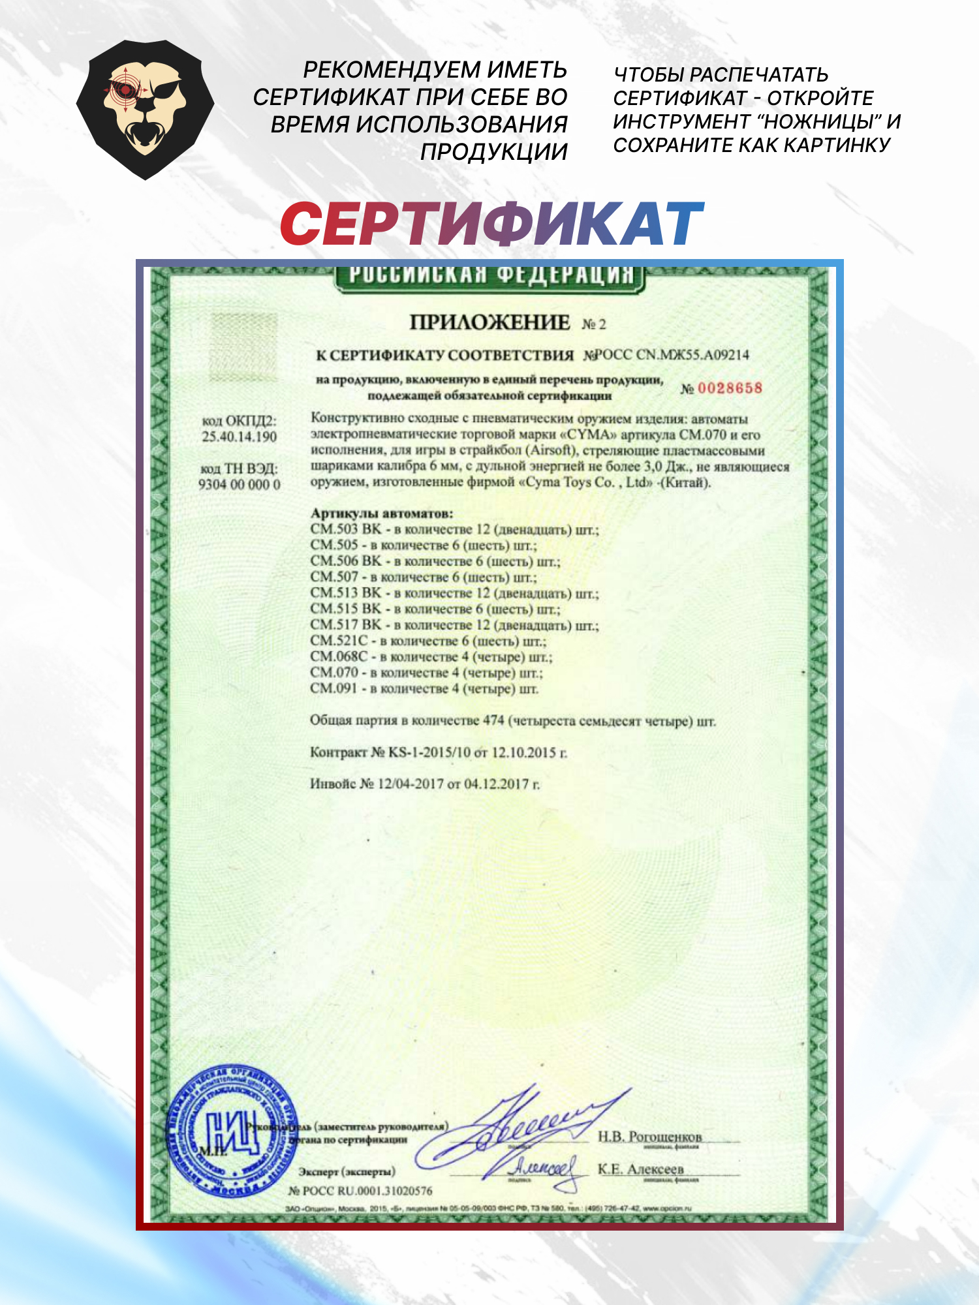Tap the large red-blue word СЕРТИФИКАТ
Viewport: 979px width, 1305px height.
(491, 224)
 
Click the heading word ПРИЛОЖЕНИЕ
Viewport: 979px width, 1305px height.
(489, 322)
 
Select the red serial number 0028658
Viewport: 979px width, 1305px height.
(730, 388)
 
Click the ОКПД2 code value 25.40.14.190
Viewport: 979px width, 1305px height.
(239, 437)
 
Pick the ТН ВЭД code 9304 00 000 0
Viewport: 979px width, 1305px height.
(239, 484)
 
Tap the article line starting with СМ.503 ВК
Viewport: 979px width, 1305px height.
(454, 529)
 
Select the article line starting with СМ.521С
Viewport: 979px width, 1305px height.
(428, 641)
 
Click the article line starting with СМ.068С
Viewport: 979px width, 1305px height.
(431, 656)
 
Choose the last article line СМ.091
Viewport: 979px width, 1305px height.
(424, 688)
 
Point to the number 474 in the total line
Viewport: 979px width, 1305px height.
(493, 720)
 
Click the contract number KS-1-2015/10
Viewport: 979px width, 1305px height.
(429, 752)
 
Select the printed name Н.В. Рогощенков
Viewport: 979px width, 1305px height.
(649, 1137)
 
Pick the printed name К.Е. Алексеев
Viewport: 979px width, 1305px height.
(640, 1169)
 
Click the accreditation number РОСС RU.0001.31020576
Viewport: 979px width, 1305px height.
(367, 1191)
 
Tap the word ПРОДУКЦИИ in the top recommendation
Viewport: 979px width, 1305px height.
(493, 151)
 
